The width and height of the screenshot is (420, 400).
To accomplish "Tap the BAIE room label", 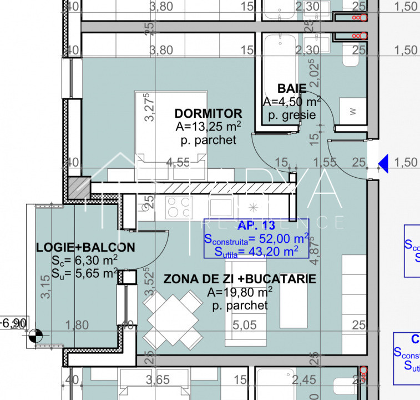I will [x=291, y=88].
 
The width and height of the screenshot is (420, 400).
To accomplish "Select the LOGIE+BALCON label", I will [x=86, y=247].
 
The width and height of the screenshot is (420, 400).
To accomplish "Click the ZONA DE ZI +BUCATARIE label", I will [x=240, y=278].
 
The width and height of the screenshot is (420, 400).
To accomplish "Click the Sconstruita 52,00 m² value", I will [x=256, y=239].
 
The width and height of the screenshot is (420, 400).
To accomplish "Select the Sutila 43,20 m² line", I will [x=256, y=252].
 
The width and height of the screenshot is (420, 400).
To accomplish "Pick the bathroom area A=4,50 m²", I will [x=291, y=102].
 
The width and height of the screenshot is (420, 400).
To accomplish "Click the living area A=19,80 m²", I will [x=240, y=292].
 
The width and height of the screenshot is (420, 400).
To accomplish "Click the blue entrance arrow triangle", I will [x=383, y=162].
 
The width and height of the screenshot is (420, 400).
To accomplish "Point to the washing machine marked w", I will [x=352, y=111].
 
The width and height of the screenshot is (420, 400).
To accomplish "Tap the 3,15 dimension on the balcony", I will [x=45, y=284].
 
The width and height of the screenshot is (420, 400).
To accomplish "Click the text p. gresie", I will [x=291, y=115].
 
